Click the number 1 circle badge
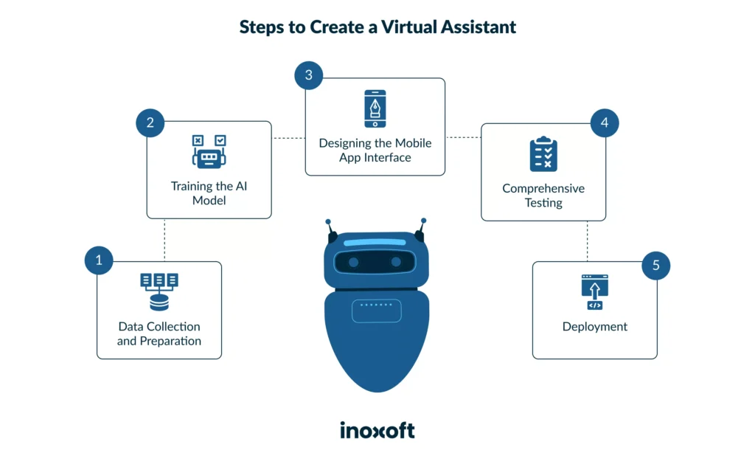click(x=99, y=260)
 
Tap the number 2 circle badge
click(x=150, y=122)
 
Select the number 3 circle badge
click(x=309, y=76)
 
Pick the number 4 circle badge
click(x=605, y=122)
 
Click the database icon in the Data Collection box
click(x=159, y=291)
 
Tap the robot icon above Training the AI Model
click(x=209, y=152)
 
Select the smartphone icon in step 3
click(x=375, y=109)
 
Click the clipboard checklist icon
click(x=543, y=155)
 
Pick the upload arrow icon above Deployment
click(x=594, y=291)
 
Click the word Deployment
click(x=595, y=327)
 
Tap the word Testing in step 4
click(x=543, y=203)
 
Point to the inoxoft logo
click(x=377, y=429)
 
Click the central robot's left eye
click(x=354, y=262)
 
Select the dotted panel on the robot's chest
click(x=377, y=311)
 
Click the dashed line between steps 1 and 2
click(x=164, y=240)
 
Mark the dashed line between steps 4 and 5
click(x=588, y=241)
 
